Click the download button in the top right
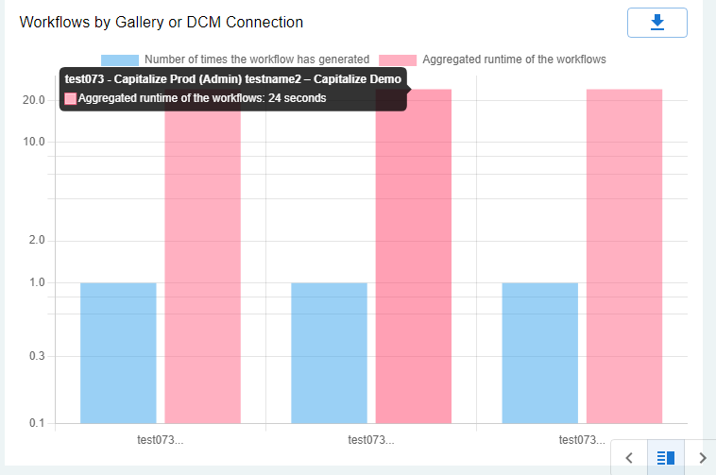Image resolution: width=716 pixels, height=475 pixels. pos(656,22)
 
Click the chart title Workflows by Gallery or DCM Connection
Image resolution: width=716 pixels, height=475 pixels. pos(162,22)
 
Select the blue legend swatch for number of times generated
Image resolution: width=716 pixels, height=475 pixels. pos(119,59)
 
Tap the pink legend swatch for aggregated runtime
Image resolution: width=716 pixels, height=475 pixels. pos(398,59)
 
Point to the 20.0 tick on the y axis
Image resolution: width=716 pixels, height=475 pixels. pos(34,100)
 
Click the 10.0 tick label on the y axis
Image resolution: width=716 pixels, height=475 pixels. pos(34,142)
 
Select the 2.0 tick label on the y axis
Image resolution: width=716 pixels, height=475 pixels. pos(37,241)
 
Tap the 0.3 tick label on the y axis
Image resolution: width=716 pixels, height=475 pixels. pos(37,356)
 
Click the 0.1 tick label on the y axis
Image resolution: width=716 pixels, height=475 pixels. pos(37,423)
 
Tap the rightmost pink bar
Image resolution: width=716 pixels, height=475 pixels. pos(623,255)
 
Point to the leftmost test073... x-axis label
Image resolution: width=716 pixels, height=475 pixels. pos(161,439)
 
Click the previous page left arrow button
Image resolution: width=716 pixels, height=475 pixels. pos(629,458)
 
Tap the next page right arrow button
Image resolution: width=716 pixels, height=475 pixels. pos(702,458)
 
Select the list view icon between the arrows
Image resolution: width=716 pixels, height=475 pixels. pos(665,458)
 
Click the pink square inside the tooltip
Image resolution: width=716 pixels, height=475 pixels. pos(71,98)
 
